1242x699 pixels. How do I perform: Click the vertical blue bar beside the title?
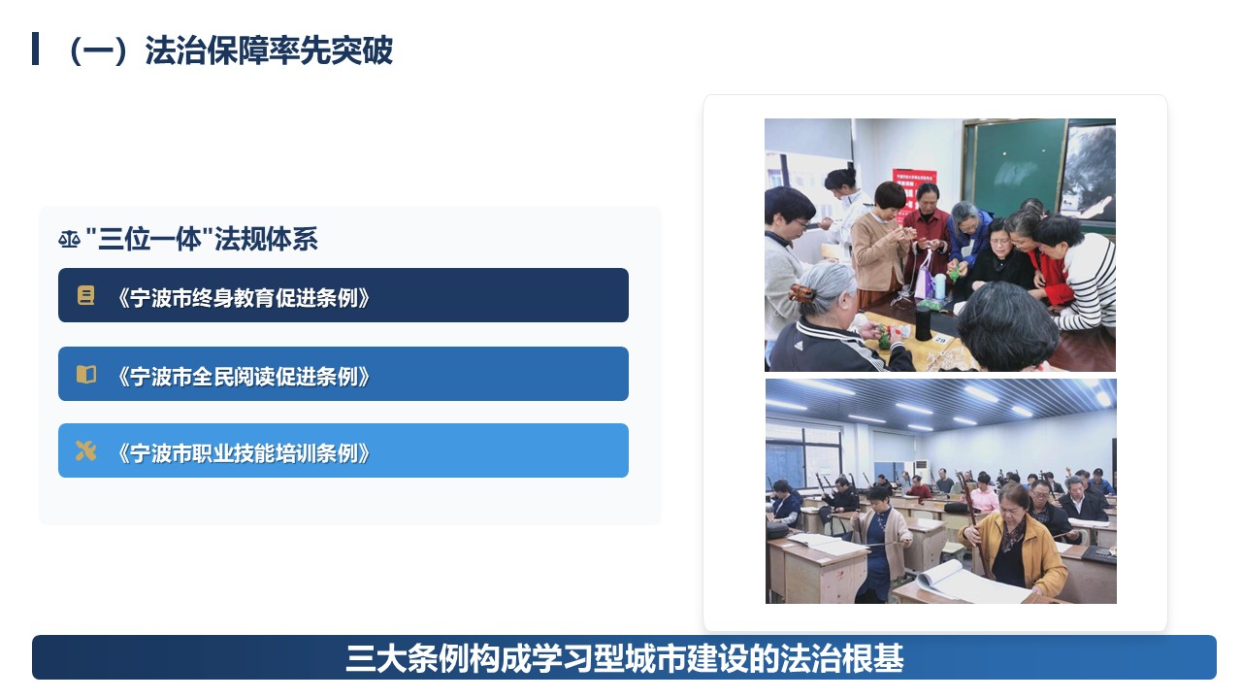36,49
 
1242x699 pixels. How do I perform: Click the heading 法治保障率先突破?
269,50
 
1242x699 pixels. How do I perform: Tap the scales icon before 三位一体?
69,240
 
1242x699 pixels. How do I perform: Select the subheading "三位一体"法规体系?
202,240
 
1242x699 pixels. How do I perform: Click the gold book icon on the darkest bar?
85,296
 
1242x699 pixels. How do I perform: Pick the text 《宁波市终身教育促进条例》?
243,298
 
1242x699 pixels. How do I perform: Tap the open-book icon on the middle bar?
86,375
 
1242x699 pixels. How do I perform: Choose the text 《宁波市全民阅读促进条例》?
243,377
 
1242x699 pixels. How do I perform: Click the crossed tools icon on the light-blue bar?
86,451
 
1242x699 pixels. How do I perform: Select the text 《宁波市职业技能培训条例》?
243,453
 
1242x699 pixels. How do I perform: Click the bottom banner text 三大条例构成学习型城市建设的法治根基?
624,658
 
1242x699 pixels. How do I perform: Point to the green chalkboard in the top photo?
1016,168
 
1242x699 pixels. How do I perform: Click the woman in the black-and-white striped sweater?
1076,272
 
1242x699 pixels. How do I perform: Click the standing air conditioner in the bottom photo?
922,471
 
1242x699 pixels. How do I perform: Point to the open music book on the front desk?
970,582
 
